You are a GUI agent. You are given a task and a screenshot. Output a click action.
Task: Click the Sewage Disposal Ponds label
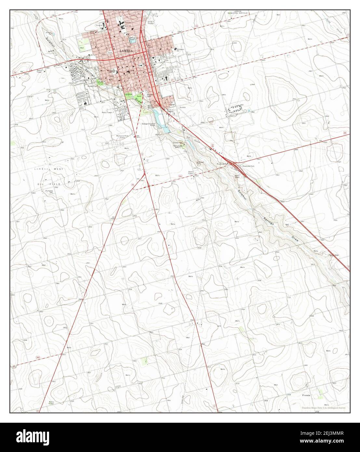150,125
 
